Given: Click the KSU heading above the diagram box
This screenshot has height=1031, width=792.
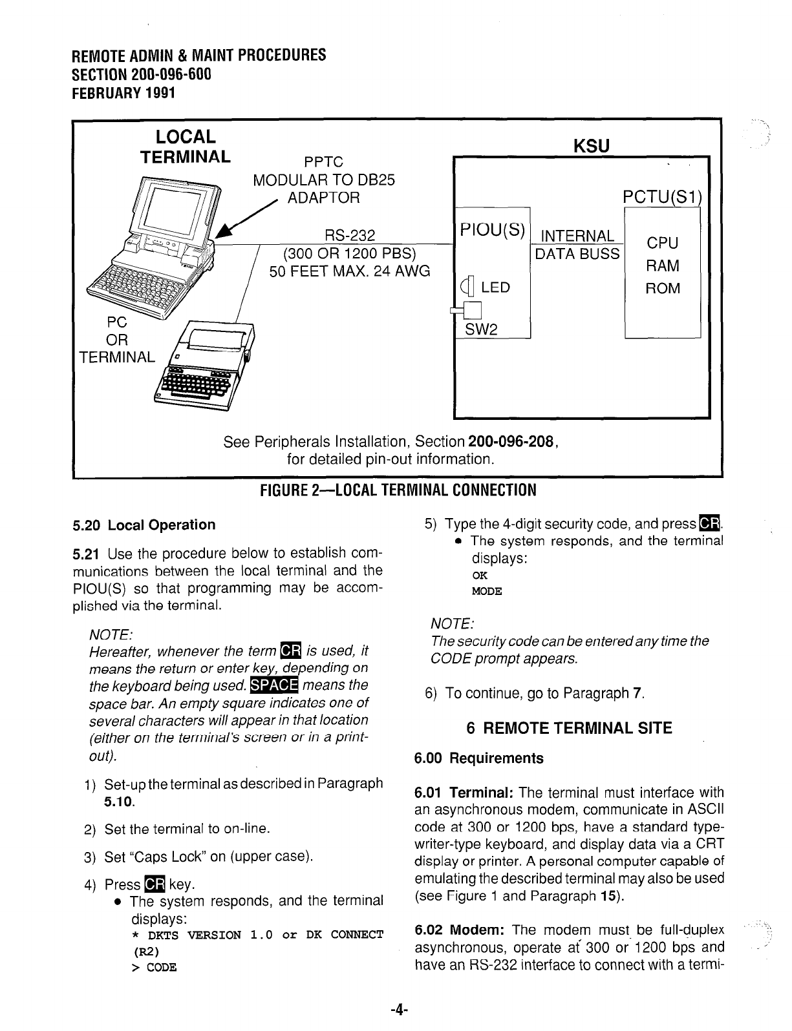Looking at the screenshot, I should [x=592, y=146].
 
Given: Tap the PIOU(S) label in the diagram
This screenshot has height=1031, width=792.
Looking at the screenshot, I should [x=491, y=229].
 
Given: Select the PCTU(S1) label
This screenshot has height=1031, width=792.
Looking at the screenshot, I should [x=662, y=196].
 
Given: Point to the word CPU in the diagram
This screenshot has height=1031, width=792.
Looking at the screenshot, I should [x=663, y=244].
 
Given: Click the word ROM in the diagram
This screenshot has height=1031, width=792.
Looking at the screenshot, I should [x=663, y=288].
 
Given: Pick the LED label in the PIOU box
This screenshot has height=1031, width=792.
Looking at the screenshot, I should [x=495, y=287].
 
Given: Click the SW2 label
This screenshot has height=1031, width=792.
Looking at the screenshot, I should [x=481, y=330].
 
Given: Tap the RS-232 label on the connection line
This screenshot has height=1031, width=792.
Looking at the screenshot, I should [x=349, y=236].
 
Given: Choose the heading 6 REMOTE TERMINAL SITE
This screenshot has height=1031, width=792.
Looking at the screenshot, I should [x=569, y=728].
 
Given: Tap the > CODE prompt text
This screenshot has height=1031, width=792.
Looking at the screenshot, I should [x=154, y=967].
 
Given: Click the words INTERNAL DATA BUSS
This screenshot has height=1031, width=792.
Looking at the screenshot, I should [x=577, y=245].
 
